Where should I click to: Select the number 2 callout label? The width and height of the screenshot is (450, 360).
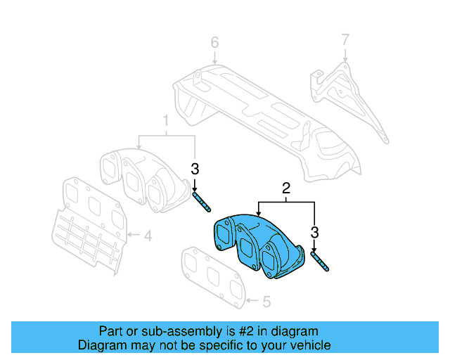286,188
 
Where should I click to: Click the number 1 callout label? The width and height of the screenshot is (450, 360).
166,120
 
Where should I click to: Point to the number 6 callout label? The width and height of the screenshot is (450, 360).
215,44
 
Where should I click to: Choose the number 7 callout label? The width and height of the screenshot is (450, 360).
345,39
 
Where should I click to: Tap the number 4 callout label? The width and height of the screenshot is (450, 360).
148,236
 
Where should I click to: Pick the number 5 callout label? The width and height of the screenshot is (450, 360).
266,302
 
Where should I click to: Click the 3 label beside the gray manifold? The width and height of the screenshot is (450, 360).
195,169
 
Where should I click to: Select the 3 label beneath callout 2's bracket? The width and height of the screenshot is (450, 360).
315,232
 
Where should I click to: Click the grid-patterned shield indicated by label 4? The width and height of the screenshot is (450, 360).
84,238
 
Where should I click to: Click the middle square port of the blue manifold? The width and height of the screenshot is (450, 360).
247,250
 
